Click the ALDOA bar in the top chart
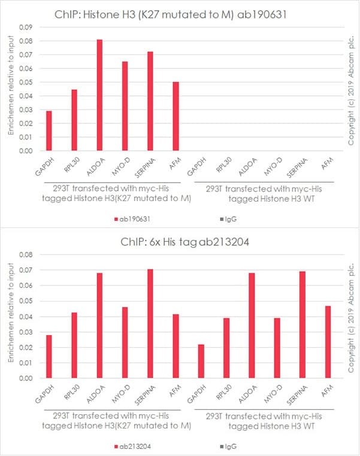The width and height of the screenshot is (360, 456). tap(99, 95)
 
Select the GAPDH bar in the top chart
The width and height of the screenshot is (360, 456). tap(49, 130)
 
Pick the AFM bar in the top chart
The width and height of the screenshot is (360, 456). tap(175, 116)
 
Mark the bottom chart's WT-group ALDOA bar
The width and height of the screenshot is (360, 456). tap(252, 326)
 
